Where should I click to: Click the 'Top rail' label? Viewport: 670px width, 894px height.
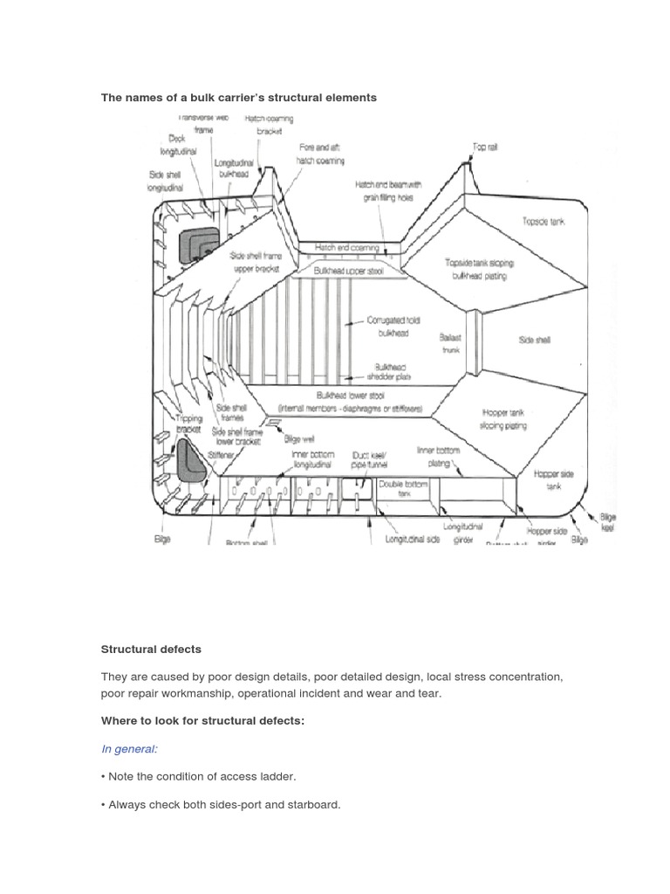(x=485, y=148)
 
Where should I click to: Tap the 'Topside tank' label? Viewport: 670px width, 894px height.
(x=543, y=222)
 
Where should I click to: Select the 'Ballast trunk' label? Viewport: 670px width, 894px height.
(x=451, y=343)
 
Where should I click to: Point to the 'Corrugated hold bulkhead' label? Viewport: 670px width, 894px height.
(x=393, y=327)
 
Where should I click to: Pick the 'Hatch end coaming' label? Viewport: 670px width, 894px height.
(x=347, y=248)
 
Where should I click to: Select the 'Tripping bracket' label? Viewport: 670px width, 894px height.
(x=188, y=423)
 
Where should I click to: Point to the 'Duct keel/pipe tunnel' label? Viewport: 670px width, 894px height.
(x=367, y=460)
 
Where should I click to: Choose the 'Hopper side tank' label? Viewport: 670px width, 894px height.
(x=554, y=480)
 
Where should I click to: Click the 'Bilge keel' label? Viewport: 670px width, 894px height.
(x=606, y=522)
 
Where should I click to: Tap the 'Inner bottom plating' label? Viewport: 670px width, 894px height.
(x=438, y=457)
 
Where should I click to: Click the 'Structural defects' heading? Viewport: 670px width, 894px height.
(x=151, y=650)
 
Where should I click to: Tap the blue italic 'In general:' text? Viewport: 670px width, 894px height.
(x=129, y=749)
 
